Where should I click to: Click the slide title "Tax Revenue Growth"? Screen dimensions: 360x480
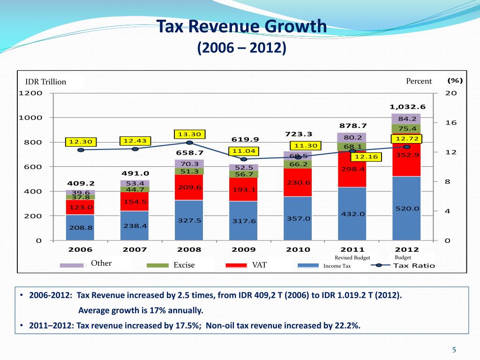241,26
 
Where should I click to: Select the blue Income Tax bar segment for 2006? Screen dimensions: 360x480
81,227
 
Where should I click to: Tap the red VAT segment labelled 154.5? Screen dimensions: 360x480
135,202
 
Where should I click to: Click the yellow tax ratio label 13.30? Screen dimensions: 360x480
189,135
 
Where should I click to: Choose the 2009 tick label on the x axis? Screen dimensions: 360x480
244,250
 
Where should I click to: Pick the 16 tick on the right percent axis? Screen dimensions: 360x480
450,123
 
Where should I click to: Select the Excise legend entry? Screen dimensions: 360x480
184,265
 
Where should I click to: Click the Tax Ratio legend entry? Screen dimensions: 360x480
414,266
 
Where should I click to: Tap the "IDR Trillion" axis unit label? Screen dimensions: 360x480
45,82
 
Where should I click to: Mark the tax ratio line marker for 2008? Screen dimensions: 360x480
189,142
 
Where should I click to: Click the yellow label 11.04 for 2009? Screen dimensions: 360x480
243,151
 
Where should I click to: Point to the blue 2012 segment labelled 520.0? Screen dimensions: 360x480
407,209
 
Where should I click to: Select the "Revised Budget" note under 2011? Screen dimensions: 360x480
352,258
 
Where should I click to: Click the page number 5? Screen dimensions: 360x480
454,349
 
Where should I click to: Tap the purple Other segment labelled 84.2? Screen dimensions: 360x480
407,119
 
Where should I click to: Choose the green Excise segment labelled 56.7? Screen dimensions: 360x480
244,174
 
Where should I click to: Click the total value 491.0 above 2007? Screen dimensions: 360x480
135,173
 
